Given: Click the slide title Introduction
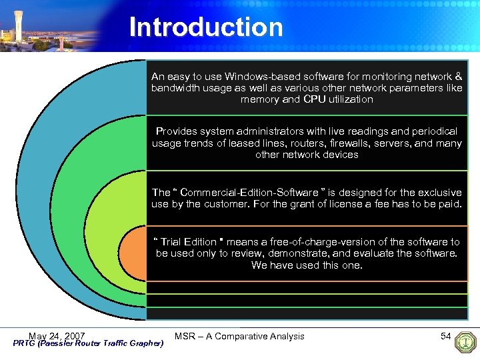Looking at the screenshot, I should pos(205,27).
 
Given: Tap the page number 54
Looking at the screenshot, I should pos(446,336).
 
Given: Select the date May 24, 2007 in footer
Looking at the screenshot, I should pos(57,335).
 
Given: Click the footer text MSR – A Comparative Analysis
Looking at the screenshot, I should pos(239,336).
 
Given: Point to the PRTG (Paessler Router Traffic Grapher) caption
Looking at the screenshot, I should pos(88,343).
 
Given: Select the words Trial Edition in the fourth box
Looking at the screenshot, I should pos(189,242).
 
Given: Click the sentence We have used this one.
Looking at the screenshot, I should pos(307,265).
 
